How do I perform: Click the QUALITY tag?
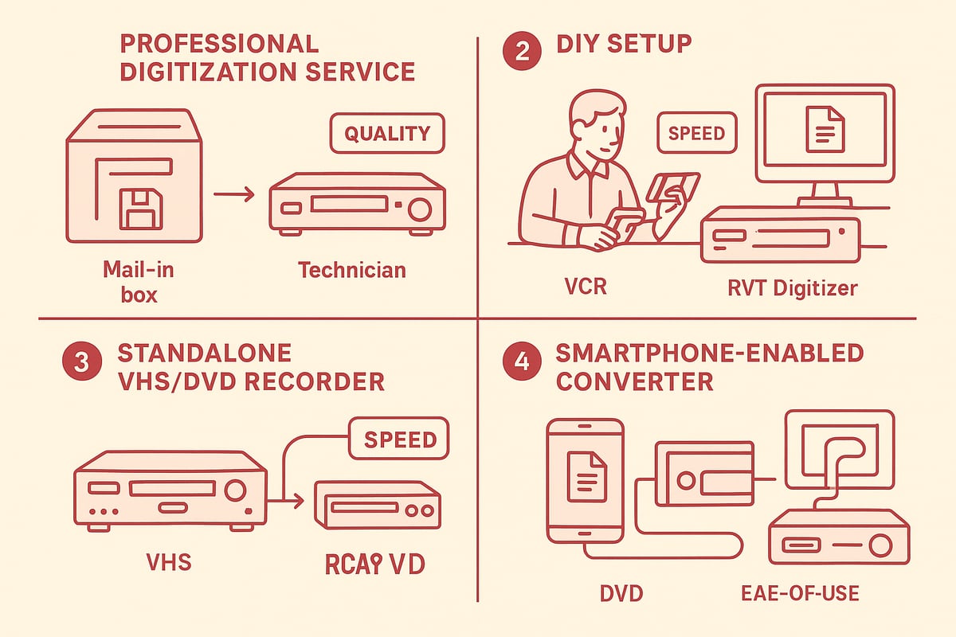pyautogui.click(x=386, y=135)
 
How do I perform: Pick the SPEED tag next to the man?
pyautogui.click(x=697, y=133)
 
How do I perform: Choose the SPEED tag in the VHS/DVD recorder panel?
pyautogui.click(x=400, y=440)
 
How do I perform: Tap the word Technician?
pyautogui.click(x=352, y=270)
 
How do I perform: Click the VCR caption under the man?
pyautogui.click(x=585, y=286)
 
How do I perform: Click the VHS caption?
pyautogui.click(x=169, y=563)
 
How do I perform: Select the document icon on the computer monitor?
pyautogui.click(x=825, y=129)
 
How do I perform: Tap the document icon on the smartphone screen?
pyautogui.click(x=586, y=475)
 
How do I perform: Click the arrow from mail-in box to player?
pyautogui.click(x=235, y=193)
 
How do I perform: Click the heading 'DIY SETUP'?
pyautogui.click(x=624, y=45)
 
